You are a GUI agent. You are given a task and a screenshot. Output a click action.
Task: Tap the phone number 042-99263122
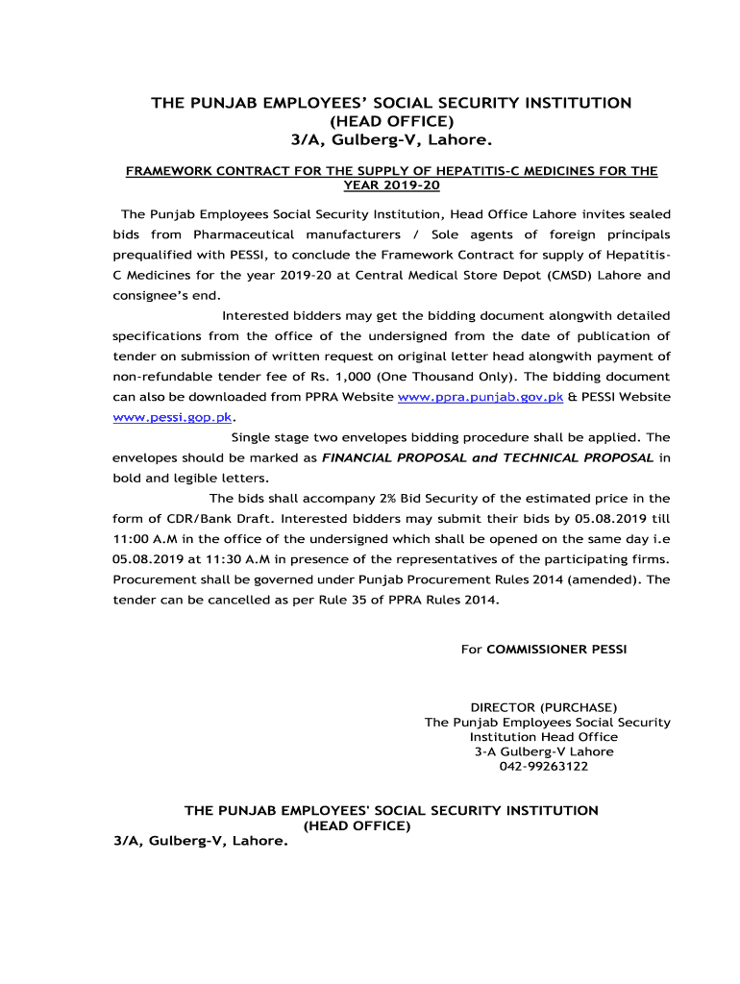[x=543, y=766]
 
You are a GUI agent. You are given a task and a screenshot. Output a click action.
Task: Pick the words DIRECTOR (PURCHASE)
[x=543, y=708]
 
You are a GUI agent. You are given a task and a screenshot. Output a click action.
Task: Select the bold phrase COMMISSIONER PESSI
[x=556, y=650]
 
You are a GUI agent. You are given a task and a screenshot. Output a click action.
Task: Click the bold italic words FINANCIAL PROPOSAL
[x=394, y=457]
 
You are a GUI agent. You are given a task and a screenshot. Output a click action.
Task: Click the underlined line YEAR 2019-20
[x=391, y=184]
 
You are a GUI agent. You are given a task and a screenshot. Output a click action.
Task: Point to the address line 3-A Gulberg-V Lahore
[x=543, y=751]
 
